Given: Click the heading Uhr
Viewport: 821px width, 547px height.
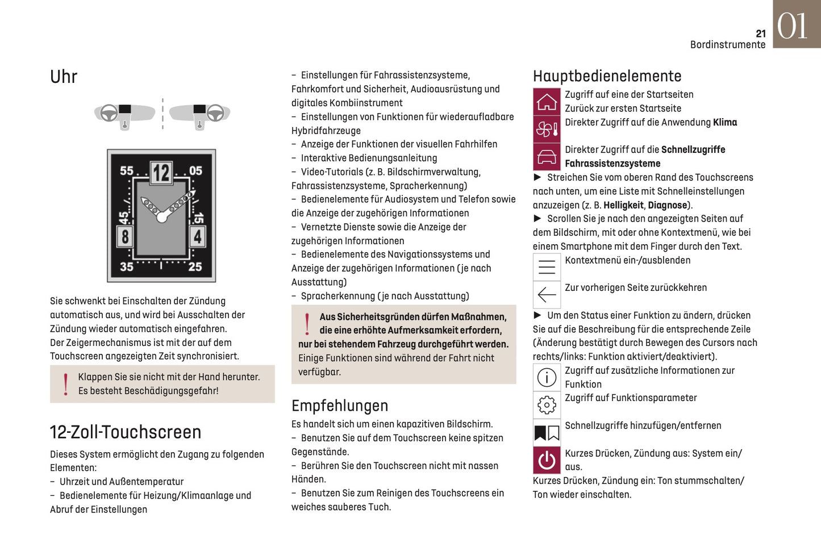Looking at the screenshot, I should click(x=64, y=77).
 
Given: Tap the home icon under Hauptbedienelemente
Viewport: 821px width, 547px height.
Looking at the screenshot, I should click(x=547, y=102).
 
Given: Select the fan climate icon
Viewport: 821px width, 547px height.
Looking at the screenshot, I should click(x=547, y=130).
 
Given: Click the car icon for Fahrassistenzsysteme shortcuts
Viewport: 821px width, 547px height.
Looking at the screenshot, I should click(x=547, y=157).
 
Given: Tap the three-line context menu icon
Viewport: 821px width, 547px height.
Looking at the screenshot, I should click(x=547, y=267).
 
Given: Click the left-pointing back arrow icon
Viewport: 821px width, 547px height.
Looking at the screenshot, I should click(x=547, y=294).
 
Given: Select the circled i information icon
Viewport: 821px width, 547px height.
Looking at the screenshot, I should click(x=547, y=377).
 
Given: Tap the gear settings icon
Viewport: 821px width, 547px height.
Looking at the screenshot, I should click(x=547, y=405).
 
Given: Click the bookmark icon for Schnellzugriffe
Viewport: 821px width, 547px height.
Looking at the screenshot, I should click(x=547, y=433).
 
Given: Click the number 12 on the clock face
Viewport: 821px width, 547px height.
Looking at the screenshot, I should click(x=161, y=173).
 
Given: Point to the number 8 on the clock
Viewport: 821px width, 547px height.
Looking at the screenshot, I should click(x=125, y=236).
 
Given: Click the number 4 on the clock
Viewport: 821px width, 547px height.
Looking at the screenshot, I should click(x=197, y=236).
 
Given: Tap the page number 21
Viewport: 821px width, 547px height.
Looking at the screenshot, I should click(x=761, y=34).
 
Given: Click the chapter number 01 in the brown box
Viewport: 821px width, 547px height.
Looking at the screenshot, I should click(x=793, y=26).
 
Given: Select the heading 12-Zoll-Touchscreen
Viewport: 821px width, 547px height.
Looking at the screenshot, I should click(x=126, y=432).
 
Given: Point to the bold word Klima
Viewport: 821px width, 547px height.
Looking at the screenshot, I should click(x=725, y=122).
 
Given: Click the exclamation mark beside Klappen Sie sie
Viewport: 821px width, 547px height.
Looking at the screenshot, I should click(x=66, y=384).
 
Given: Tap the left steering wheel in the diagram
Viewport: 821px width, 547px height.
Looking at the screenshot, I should click(x=109, y=113).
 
